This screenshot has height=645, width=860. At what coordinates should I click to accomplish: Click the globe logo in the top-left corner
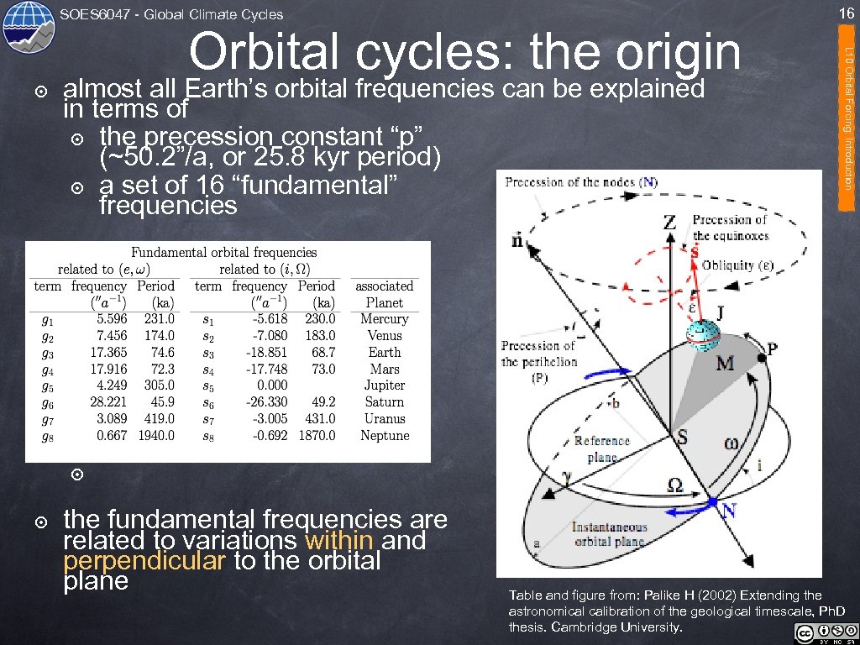tap(29, 28)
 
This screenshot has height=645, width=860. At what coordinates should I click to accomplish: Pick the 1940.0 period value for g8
tap(157, 435)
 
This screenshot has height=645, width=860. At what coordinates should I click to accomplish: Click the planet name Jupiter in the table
tap(385, 385)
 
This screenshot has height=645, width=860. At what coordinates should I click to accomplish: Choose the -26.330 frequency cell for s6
tap(266, 402)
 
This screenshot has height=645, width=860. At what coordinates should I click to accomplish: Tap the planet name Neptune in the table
tap(385, 435)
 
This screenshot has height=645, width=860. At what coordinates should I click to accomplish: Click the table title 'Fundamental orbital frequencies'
tap(224, 252)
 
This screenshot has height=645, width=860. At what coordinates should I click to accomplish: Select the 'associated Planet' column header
tap(385, 294)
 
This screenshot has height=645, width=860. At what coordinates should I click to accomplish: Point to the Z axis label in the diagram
tap(670, 222)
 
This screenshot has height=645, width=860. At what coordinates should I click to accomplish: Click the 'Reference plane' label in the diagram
tap(601, 448)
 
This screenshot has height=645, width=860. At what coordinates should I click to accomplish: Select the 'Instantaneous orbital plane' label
tap(610, 534)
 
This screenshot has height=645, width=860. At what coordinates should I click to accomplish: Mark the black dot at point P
tap(762, 358)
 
